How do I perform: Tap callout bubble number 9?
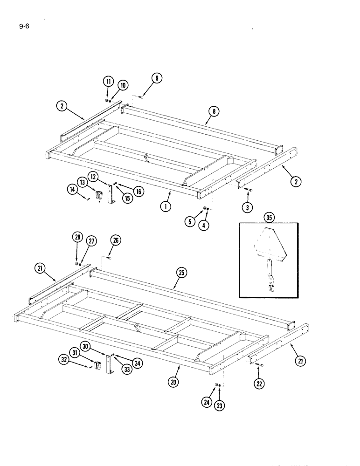click(157, 79)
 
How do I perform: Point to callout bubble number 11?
click(108, 82)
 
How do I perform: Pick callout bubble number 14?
click(72, 189)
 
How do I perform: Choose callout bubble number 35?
click(268, 217)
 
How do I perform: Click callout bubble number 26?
click(116, 241)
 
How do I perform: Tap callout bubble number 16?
click(138, 191)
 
